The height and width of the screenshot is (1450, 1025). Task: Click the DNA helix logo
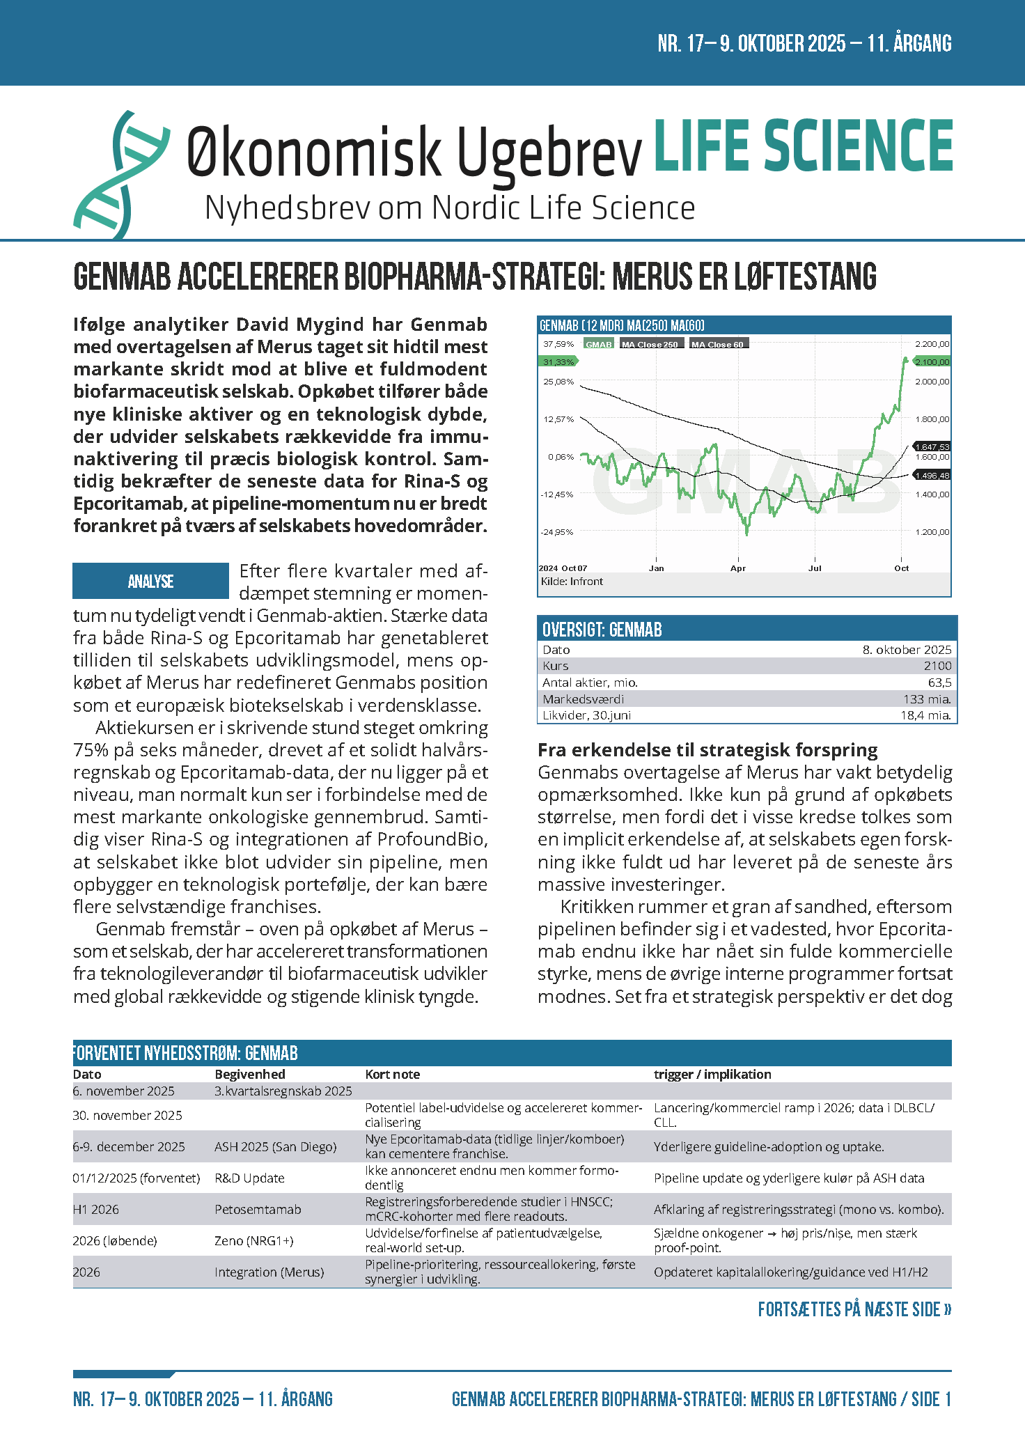click(120, 174)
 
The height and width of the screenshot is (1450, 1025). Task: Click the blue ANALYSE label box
click(150, 581)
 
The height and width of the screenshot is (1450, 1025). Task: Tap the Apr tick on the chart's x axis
click(737, 568)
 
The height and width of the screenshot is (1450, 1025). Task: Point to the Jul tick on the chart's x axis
click(815, 568)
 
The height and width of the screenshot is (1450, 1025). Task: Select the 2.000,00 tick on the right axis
click(932, 382)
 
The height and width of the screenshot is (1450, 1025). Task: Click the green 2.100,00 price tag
click(932, 362)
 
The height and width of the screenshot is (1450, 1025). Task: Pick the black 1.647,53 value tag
click(932, 446)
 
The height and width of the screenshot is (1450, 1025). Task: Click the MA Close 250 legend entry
click(649, 345)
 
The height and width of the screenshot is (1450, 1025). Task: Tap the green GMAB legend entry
click(598, 345)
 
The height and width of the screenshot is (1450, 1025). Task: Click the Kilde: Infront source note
click(572, 582)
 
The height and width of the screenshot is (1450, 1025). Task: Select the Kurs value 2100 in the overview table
click(937, 666)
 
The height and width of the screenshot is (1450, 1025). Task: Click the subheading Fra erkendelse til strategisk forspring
click(707, 750)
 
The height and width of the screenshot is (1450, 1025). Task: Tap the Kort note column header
click(392, 1075)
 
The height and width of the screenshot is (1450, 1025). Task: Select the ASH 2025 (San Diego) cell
click(275, 1147)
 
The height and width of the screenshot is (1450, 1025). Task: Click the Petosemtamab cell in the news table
click(258, 1210)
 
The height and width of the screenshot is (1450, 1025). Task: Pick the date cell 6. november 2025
click(123, 1091)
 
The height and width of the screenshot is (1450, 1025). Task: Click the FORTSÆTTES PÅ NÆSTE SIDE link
click(854, 1309)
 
